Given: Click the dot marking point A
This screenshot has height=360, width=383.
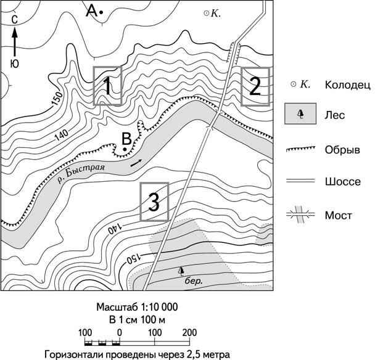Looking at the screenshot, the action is tap(101, 12).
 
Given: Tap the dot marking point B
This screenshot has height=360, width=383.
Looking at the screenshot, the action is tap(125, 149).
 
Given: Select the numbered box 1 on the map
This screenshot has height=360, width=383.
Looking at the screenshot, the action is tap(107, 86).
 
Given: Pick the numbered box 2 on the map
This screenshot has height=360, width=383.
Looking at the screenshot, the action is tap(255, 87).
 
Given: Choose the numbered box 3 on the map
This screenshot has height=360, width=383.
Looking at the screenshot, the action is tap(154, 202).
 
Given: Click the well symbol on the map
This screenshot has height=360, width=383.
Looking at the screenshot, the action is tap(207, 14).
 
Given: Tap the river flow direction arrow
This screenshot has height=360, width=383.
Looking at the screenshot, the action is tap(136, 163).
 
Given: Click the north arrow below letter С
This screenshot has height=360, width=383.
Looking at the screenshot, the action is tap(15, 41).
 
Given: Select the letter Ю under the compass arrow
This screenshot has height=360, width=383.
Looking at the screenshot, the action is tap(15, 64).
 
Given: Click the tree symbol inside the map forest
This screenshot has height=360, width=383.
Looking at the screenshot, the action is tap(181, 271).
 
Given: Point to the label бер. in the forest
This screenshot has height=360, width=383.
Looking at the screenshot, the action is tap(194, 281).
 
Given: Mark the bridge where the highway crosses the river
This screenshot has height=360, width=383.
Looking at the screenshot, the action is tap(214, 120).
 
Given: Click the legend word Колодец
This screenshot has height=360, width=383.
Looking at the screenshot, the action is tap(348, 85).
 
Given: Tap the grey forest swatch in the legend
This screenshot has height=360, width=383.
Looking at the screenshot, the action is tap(300, 114).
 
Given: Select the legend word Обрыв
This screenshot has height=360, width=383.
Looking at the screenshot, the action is tap(342, 149).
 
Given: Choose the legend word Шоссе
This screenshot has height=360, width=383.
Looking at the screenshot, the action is tap(343, 182).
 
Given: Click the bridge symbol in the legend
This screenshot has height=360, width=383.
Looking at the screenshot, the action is tap(301, 215).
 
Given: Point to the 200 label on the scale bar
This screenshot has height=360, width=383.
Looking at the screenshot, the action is tap(189, 333).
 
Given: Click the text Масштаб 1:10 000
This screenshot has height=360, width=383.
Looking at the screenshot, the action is tap(137, 307).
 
